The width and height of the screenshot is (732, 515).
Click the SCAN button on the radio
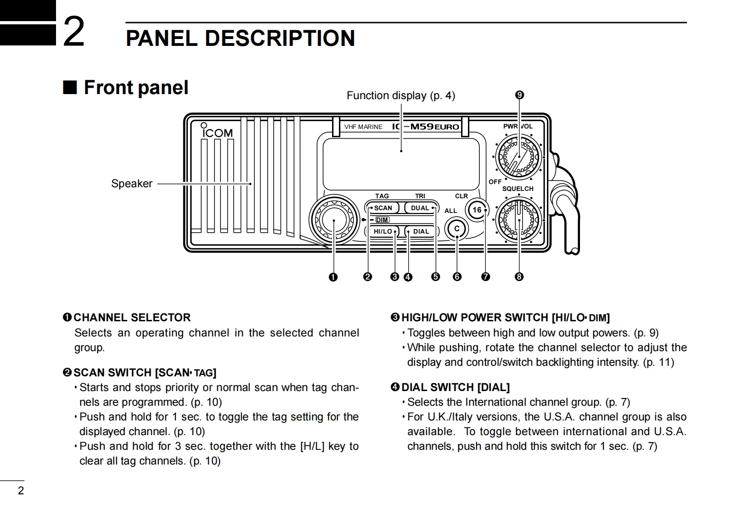381,208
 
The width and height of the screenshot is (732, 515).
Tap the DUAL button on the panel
420,208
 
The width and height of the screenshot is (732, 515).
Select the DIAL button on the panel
421,231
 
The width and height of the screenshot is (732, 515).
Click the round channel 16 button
477,210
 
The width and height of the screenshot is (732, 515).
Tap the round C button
457,229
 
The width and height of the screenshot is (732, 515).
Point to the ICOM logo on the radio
217,132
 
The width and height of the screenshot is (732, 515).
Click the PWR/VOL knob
518,157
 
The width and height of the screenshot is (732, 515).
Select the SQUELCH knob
518,220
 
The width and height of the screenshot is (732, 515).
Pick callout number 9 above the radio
519,95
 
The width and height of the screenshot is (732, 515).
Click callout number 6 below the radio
457,277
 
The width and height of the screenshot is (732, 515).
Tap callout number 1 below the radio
333,277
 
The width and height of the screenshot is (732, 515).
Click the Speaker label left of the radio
132,184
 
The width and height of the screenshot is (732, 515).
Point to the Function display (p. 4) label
400,95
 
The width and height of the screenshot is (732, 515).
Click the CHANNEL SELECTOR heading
132,318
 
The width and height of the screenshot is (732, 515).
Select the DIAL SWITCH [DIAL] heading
455,387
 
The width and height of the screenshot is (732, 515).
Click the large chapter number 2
73,31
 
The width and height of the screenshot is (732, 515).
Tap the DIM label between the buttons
382,220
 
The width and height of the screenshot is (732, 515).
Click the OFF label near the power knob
495,182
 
